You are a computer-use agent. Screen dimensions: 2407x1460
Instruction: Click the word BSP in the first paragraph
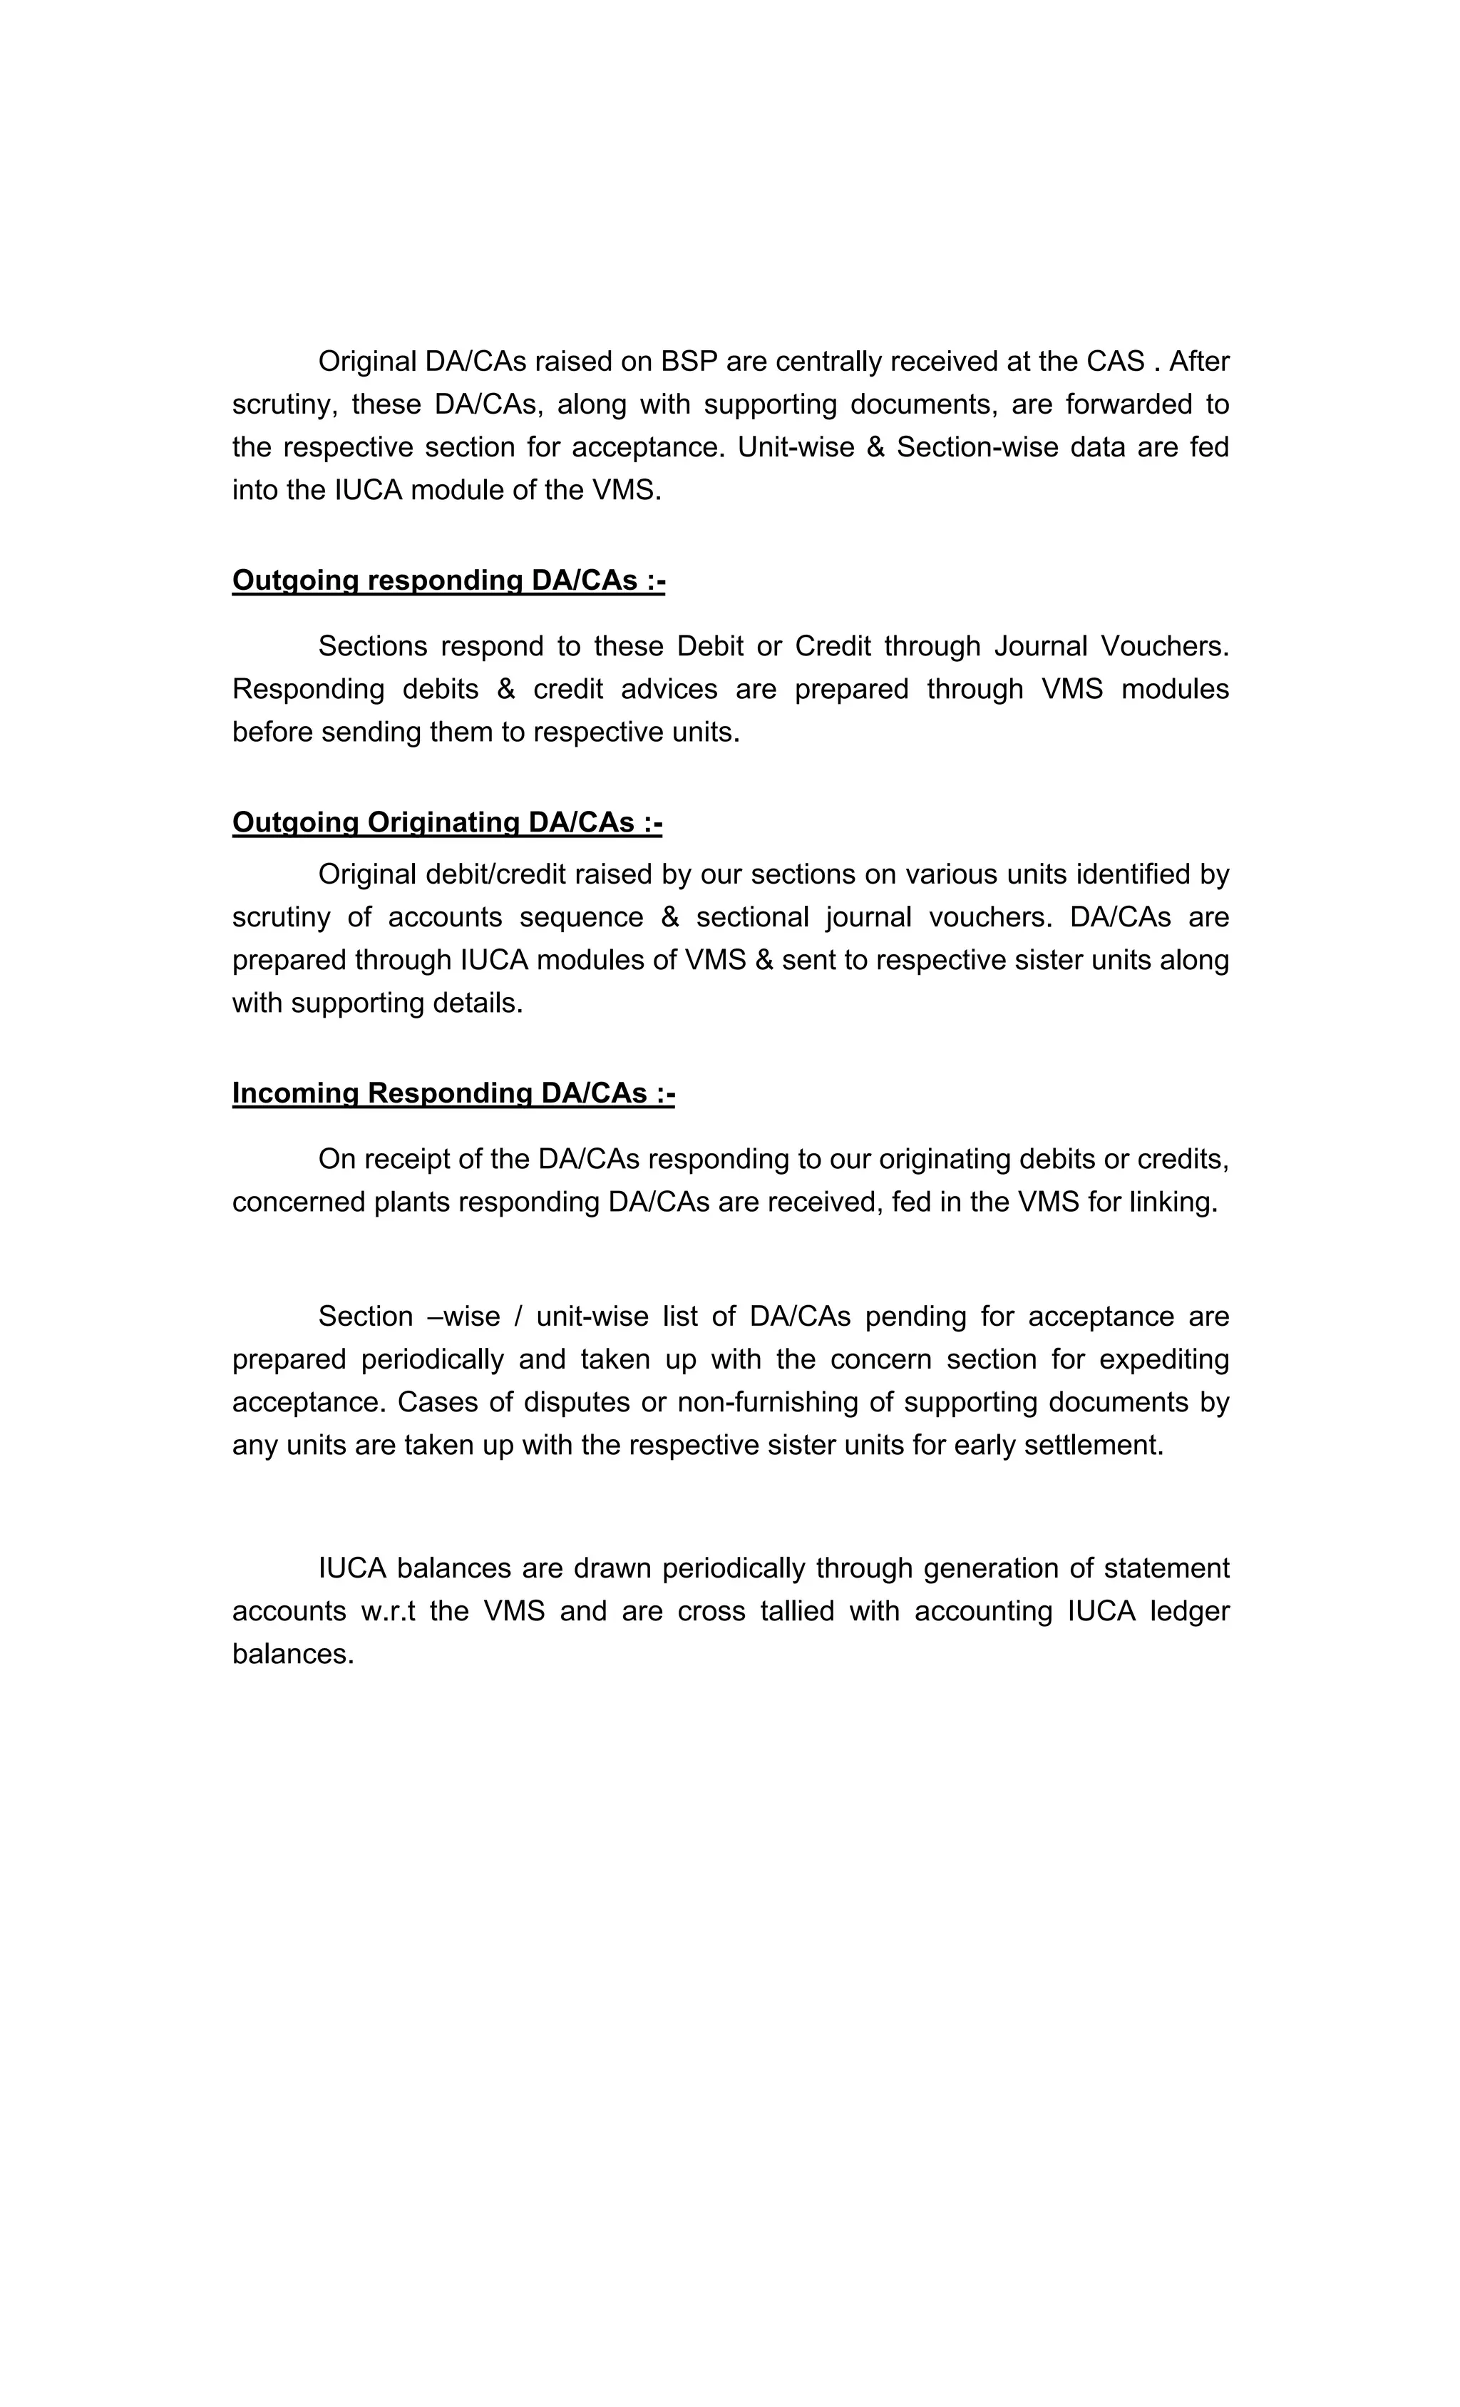[689, 362]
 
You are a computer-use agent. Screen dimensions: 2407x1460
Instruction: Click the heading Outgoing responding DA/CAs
[448, 581]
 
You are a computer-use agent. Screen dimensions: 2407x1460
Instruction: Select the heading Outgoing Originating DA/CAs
[447, 822]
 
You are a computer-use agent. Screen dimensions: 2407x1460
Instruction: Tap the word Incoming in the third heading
[295, 1093]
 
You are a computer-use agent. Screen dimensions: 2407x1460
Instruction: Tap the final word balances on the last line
[292, 1654]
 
